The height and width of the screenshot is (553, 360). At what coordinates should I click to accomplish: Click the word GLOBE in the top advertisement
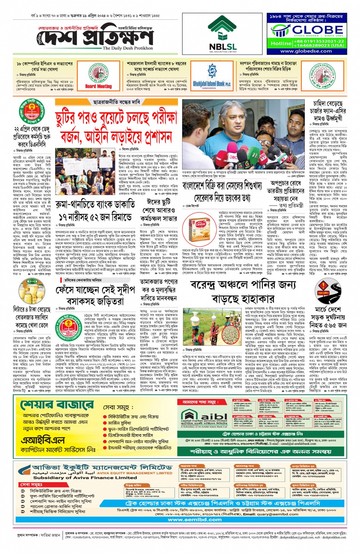pyautogui.click(x=312, y=30)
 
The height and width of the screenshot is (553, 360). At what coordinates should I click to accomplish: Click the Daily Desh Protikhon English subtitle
pyautogui.click(x=128, y=48)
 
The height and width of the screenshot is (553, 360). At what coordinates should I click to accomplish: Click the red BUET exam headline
pyautogui.click(x=115, y=128)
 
